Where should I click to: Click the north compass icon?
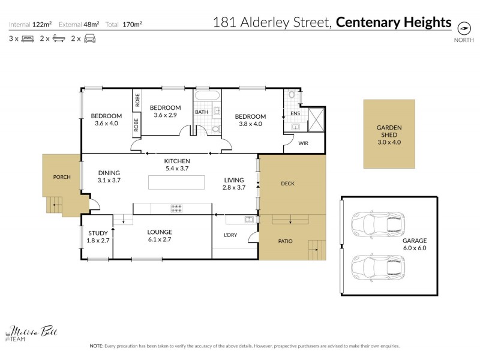click(464, 28)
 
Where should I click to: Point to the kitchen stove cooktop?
click(177, 208)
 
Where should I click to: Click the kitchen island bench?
click(176, 183)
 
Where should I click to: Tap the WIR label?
click(295, 143)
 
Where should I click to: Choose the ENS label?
click(295, 113)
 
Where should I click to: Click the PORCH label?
click(61, 177)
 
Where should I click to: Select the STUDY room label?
click(98, 233)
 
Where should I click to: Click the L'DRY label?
click(230, 235)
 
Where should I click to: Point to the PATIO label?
click(286, 241)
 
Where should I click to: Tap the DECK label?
click(288, 184)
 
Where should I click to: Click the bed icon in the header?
click(28, 38)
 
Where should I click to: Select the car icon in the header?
click(89, 38)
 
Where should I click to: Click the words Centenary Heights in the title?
click(393, 23)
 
